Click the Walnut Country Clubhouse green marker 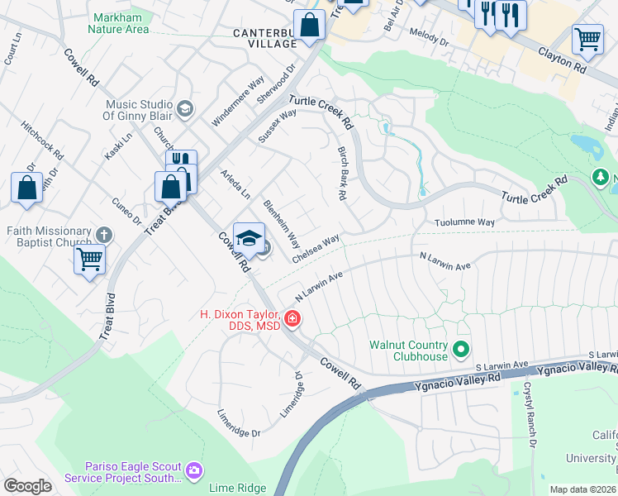[462, 350]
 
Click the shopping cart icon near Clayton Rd [587, 39]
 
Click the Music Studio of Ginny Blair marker [185, 107]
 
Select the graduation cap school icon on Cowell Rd [249, 238]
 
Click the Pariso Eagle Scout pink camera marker [194, 470]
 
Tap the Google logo [27, 486]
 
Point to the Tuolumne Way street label [465, 222]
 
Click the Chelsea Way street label [316, 248]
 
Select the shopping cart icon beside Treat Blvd [90, 259]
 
